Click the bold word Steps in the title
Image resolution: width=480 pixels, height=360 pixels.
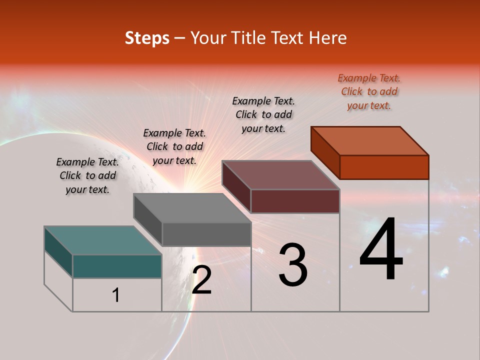tap(146, 38)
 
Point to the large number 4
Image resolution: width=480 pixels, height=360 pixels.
tap(381, 250)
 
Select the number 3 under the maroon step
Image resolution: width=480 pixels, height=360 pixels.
tap(292, 265)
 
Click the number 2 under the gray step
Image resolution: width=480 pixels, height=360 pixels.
tap(201, 280)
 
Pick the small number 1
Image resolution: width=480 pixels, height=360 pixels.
tap(116, 295)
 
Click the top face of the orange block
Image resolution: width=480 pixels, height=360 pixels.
tap(370, 140)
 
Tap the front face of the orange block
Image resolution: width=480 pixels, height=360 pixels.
tap(384, 167)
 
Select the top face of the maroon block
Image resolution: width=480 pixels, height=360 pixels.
tap(281, 175)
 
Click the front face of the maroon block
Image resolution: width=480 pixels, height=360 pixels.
tap(295, 201)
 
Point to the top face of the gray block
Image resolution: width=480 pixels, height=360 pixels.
tap(192, 208)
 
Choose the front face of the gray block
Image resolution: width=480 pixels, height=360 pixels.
tap(206, 234)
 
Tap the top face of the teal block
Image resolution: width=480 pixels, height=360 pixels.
tap(103, 240)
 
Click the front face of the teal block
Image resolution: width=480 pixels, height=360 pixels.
tap(117, 266)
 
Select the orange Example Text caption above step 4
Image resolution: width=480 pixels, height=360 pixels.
tap(369, 91)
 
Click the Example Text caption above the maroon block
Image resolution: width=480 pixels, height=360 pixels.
tap(263, 114)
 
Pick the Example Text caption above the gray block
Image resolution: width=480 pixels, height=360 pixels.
tap(174, 146)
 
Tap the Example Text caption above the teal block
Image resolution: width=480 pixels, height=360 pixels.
tap(87, 175)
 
